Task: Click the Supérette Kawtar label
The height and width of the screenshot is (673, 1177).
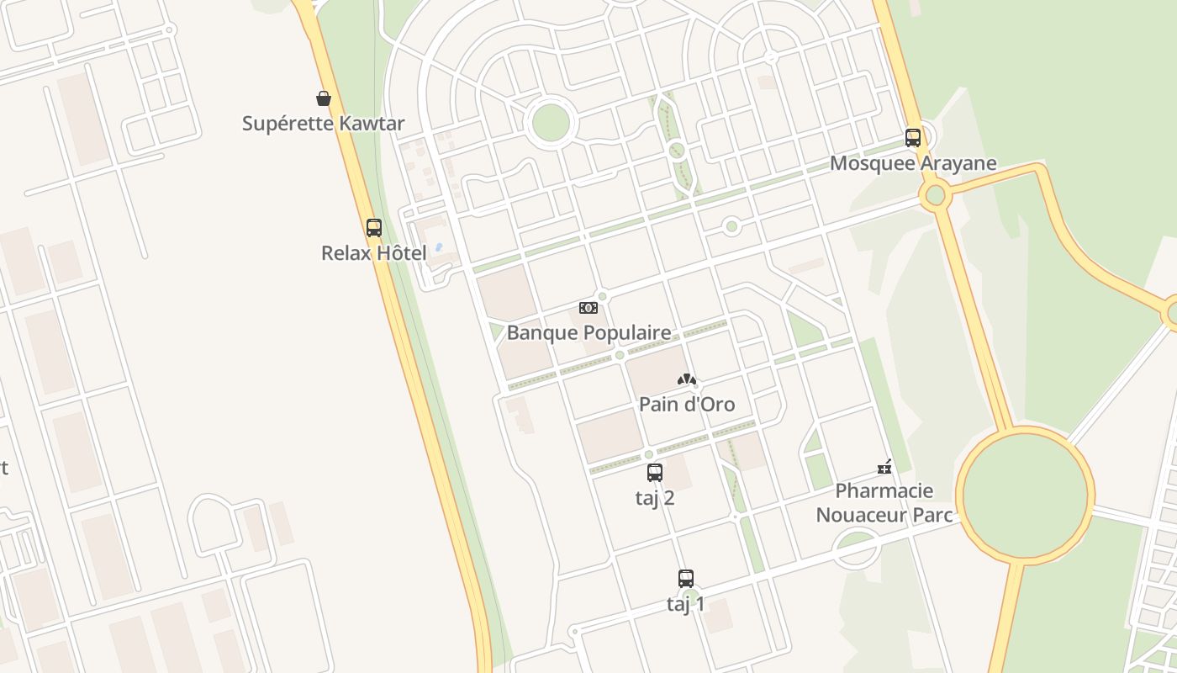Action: [x=323, y=124]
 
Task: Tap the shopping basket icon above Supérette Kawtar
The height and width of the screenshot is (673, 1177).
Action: [x=324, y=98]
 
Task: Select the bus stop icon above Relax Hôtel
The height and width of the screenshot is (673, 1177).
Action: [x=374, y=227]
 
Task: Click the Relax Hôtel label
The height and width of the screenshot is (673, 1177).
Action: [x=373, y=252]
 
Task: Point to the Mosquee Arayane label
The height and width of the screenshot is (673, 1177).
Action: [x=913, y=163]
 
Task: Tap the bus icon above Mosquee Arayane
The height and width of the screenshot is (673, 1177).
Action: [x=913, y=137]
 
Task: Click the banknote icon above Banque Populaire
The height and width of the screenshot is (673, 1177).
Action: [x=588, y=308]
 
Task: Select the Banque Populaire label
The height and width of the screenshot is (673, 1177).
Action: [x=588, y=332]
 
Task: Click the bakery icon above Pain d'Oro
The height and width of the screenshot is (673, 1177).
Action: [x=687, y=380]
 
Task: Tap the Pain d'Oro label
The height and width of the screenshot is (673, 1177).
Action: [x=687, y=405]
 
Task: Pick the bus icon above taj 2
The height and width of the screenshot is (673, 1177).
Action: [x=655, y=473]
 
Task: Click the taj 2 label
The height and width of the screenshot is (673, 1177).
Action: [x=655, y=498]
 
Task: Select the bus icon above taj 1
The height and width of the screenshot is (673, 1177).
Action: [x=686, y=579]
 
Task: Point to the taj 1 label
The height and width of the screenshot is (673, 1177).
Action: [x=686, y=604]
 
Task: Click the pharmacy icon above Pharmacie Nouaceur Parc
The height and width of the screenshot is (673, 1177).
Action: [x=884, y=467]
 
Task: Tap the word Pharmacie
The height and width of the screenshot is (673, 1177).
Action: [x=884, y=490]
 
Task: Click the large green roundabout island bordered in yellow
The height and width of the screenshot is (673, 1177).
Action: [x=1025, y=496]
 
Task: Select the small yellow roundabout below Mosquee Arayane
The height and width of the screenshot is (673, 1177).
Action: [x=935, y=196]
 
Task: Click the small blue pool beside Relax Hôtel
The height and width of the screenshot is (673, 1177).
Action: [x=438, y=248]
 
